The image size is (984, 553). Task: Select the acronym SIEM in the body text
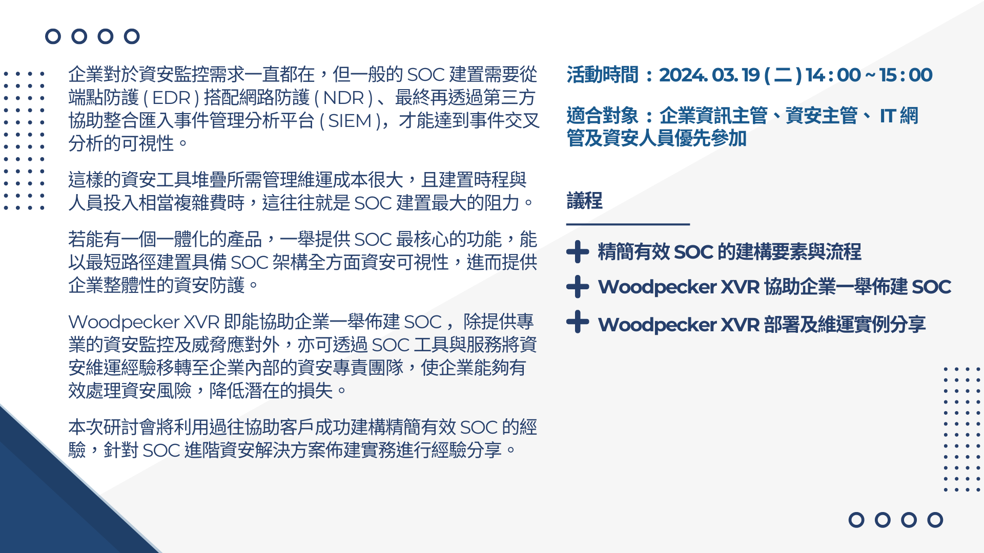click(350, 121)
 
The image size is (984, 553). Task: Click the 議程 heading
click(584, 200)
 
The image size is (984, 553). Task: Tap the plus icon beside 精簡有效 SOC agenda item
click(578, 252)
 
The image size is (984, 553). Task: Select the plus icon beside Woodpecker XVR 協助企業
click(578, 287)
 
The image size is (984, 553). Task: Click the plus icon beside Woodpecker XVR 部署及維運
click(578, 322)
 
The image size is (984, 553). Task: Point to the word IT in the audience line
click(888, 116)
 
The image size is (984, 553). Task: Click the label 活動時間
click(602, 75)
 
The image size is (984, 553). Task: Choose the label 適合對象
click(602, 116)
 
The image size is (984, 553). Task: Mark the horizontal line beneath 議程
click(628, 224)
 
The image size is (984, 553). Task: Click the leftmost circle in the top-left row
click(53, 36)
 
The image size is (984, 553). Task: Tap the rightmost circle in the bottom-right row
click(935, 520)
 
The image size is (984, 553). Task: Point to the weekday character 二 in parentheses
click(783, 75)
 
